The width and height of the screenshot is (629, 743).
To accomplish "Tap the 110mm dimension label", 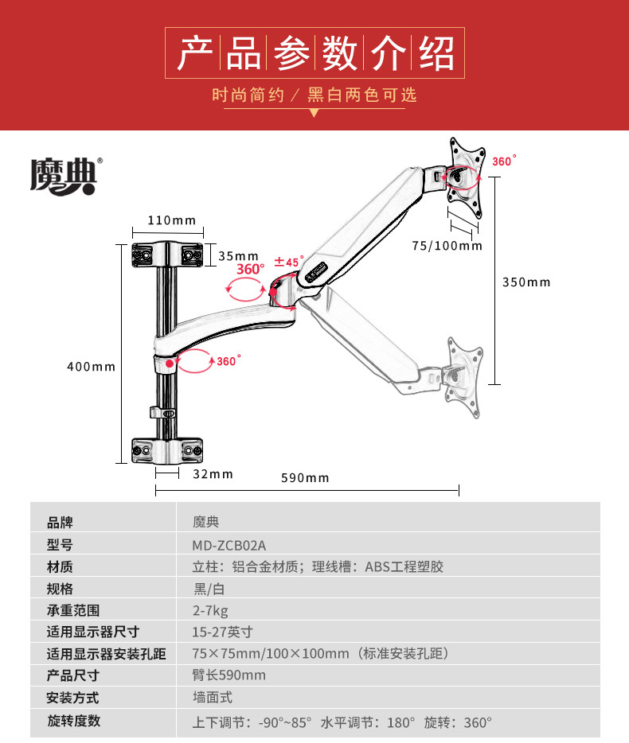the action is tap(170, 220).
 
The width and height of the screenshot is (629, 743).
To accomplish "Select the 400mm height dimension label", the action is tap(91, 367).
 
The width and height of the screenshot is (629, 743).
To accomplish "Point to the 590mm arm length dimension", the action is tap(305, 477).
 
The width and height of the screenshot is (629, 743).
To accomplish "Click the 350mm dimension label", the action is tap(525, 282).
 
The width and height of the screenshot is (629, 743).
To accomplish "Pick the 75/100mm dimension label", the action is tap(447, 246).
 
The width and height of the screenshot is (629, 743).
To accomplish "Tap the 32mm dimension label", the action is tap(213, 474).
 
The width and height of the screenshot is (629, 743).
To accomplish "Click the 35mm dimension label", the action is tap(238, 255).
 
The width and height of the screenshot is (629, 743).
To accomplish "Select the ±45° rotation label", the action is tap(289, 261).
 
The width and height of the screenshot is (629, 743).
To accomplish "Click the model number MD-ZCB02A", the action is tap(229, 545).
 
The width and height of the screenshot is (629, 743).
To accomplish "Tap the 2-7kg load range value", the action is tap(210, 610).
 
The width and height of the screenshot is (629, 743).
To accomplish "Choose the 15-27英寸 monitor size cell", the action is tap(222, 632).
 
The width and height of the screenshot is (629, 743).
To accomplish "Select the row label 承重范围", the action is tap(73, 610).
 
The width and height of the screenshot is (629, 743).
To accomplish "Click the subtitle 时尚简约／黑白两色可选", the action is tap(314, 95).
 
